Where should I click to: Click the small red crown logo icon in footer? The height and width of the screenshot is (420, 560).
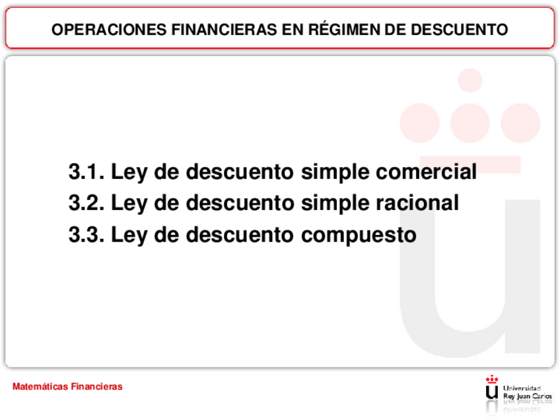pyautogui.click(x=492, y=390)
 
